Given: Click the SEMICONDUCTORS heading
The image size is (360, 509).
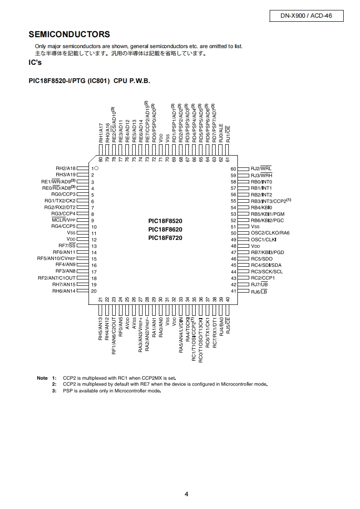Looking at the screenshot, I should coord(69,34).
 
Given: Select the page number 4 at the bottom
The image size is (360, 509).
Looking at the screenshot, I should coord(187,494).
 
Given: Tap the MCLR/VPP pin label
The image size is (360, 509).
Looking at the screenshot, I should coord(64,220).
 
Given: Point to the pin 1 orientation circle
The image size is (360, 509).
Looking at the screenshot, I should coord(96,168).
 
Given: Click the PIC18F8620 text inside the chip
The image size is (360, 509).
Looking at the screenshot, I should coord(165,230).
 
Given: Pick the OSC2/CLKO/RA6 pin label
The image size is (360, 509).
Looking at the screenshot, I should coord(270,233).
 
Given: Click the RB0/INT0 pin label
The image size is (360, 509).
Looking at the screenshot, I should coord(261,181).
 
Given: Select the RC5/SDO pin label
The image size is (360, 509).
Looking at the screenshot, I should coord(262,259).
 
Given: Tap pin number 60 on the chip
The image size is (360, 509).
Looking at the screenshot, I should coord(234,169).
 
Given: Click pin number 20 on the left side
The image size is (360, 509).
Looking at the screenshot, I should coord(94,291).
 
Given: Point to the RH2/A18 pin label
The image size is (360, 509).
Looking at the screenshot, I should coord(66,168).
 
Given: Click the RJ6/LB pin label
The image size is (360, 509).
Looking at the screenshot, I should coord(259,291).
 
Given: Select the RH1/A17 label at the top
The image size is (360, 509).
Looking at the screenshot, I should coord(101,133).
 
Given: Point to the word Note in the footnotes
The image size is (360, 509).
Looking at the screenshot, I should coord(42,378).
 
